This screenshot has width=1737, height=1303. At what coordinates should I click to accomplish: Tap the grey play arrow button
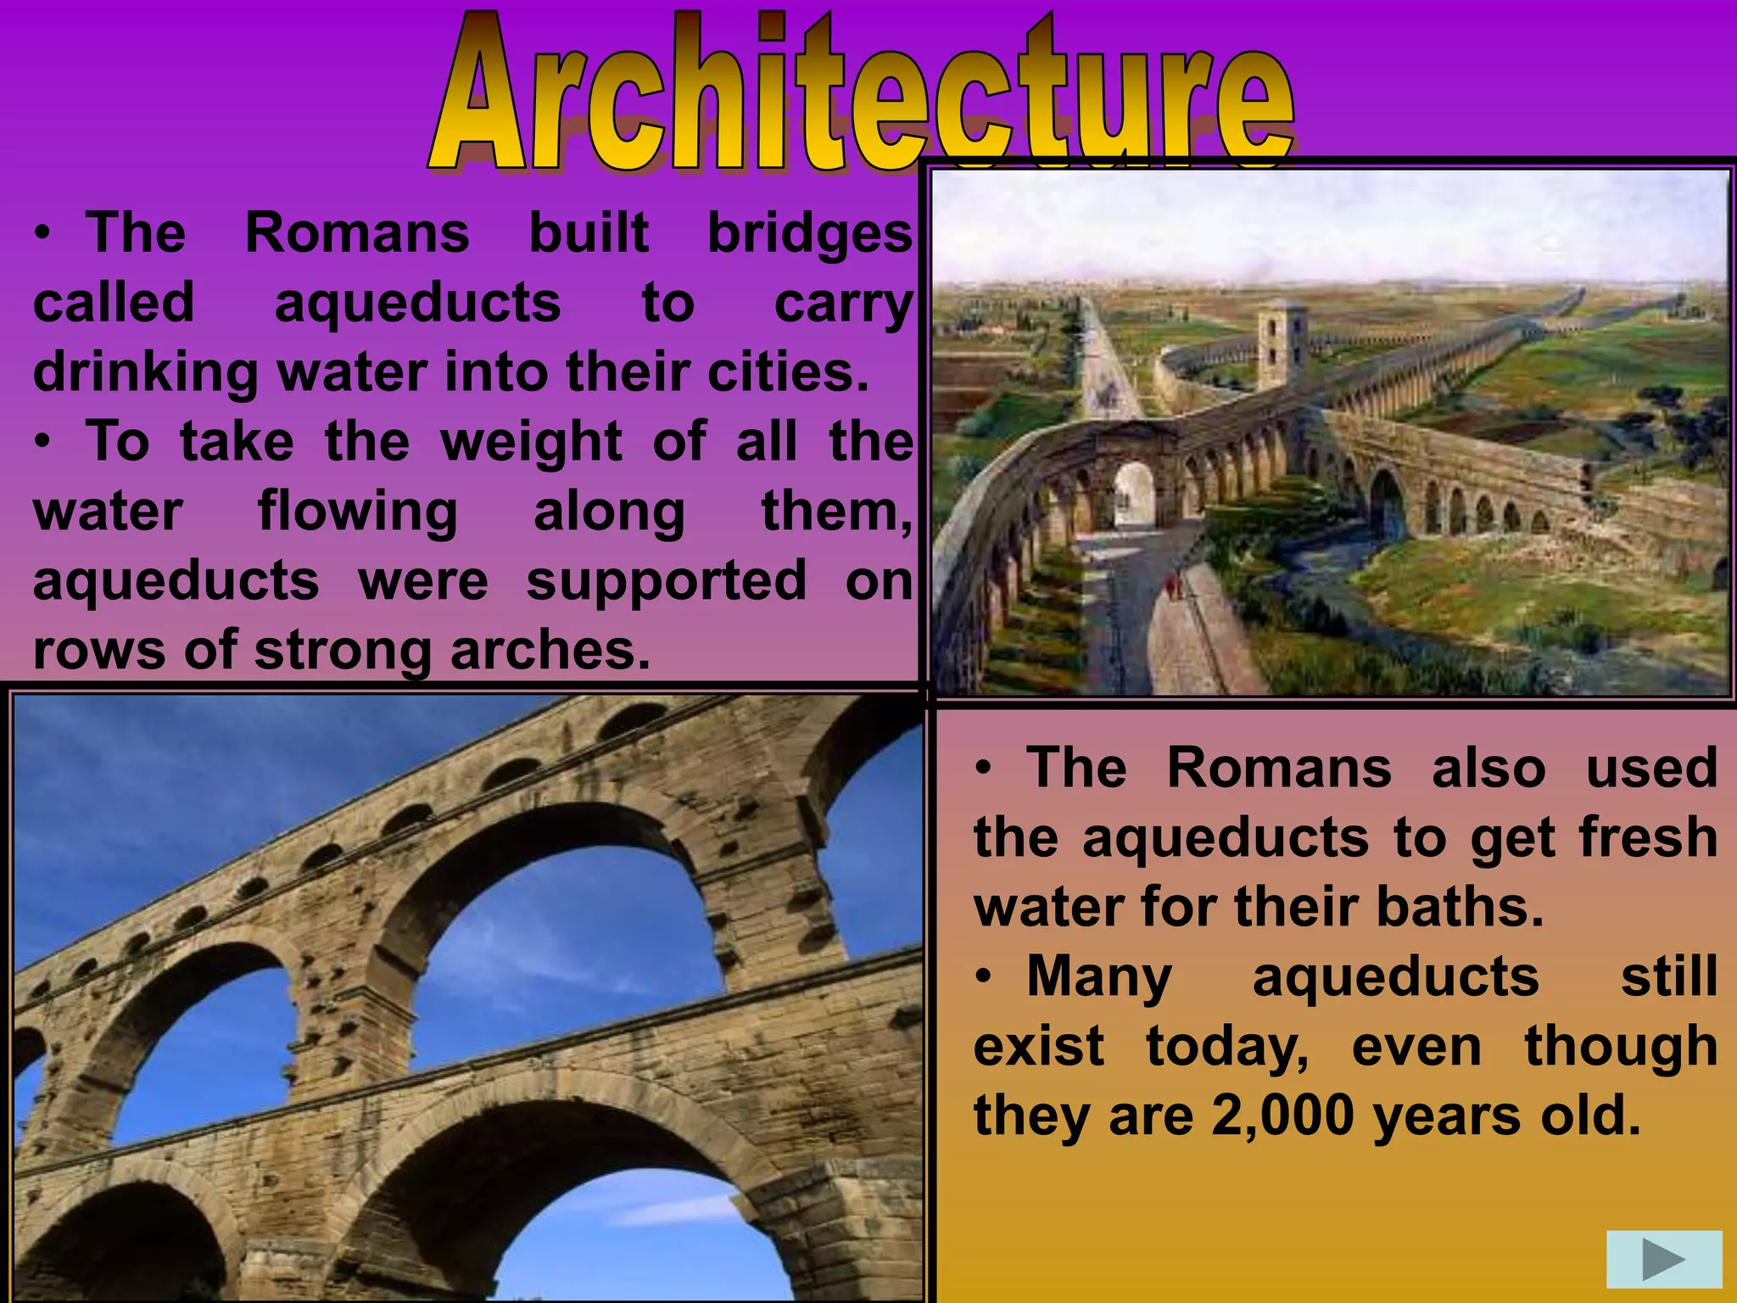click(x=1663, y=1260)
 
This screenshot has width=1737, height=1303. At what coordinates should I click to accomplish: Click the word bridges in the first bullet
click(x=809, y=233)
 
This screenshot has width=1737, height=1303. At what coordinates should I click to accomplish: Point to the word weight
click(x=532, y=442)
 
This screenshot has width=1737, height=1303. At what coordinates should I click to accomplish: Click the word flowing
click(x=357, y=512)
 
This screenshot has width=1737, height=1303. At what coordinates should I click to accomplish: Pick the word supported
click(x=667, y=582)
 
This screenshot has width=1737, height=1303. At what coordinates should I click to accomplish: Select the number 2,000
click(x=1282, y=1116)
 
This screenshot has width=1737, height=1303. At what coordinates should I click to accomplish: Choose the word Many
click(x=1099, y=977)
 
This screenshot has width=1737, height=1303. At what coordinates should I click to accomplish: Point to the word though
click(x=1621, y=1047)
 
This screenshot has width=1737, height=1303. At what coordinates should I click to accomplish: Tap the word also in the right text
click(x=1488, y=769)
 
